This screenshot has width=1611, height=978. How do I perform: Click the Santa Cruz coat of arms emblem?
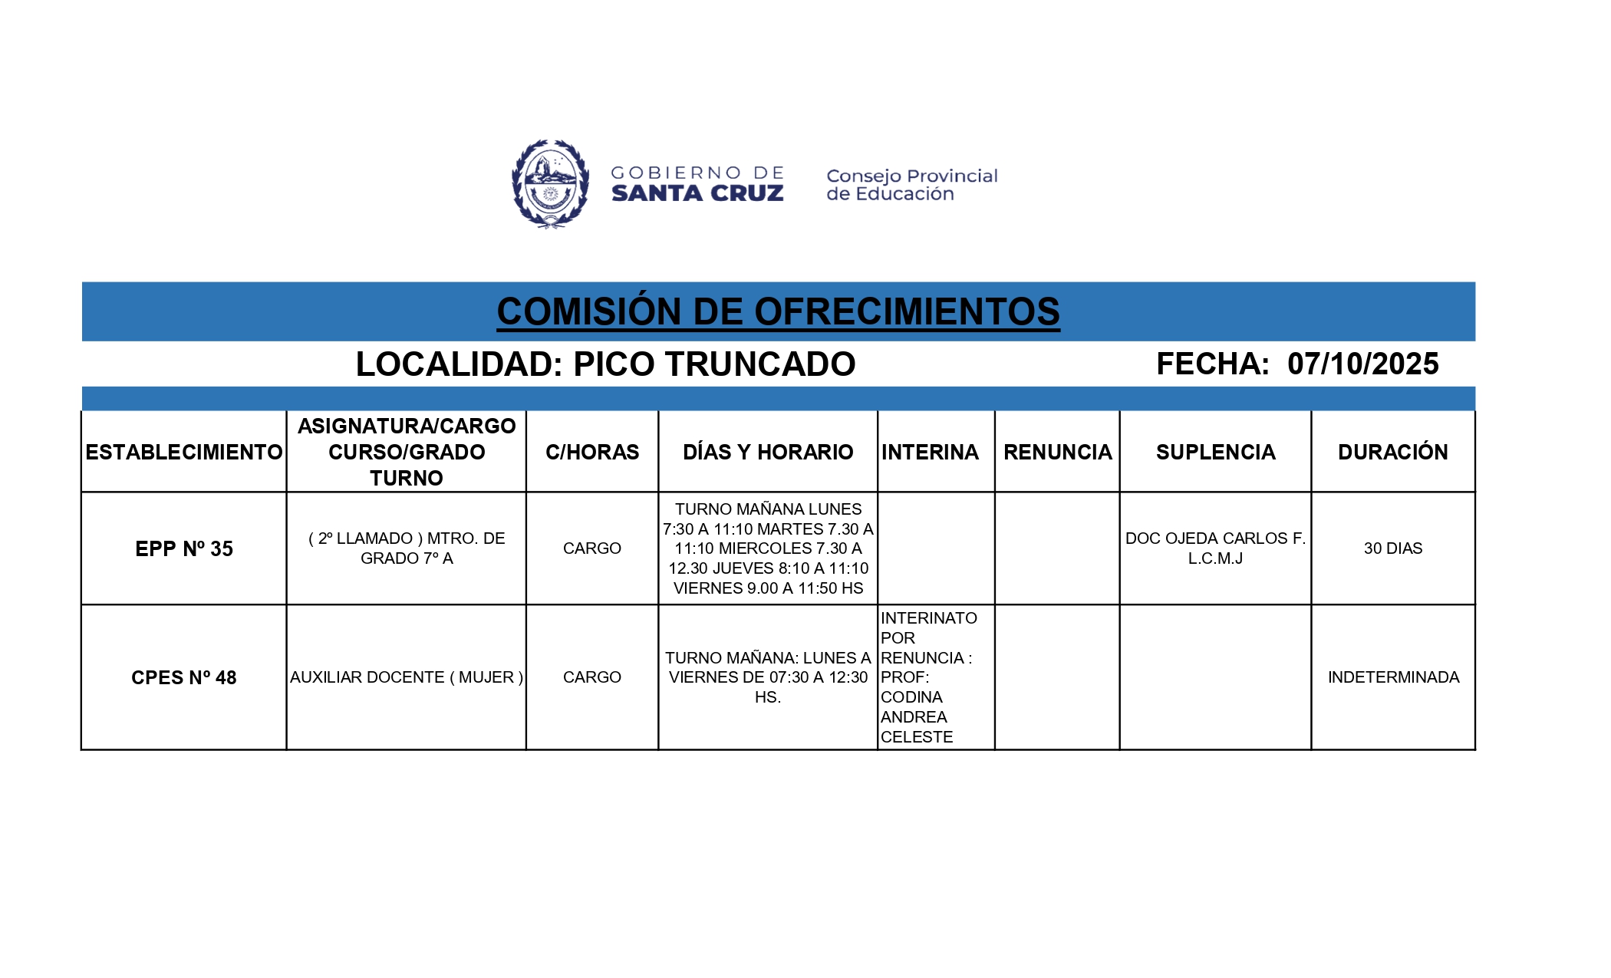click(550, 184)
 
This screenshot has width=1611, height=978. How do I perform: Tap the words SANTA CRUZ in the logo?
click(697, 193)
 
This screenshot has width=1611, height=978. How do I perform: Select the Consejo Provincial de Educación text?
click(911, 185)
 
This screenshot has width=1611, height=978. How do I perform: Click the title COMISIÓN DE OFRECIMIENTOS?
click(778, 311)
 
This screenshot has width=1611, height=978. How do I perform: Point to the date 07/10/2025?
click(1362, 364)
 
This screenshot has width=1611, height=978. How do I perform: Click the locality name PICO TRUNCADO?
click(714, 364)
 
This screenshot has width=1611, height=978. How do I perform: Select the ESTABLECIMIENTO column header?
click(184, 452)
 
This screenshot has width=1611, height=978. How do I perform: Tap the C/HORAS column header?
click(592, 452)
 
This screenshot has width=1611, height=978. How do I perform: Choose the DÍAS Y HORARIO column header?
click(768, 452)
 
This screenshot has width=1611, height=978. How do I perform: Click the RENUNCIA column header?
click(1057, 452)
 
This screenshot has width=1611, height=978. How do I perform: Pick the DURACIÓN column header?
click(1393, 452)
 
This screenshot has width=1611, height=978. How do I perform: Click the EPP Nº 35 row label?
click(184, 548)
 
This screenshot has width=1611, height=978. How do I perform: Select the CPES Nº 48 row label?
click(184, 677)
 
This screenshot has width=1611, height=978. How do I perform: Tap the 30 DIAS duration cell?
click(1393, 548)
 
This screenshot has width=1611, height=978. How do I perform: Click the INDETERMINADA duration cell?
click(1393, 677)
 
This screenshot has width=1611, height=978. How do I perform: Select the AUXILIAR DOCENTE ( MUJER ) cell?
click(407, 677)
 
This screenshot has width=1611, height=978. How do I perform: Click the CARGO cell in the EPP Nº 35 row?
click(592, 548)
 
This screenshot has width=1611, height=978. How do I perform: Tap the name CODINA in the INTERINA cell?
click(911, 697)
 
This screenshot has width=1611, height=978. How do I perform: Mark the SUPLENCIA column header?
click(1215, 452)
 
